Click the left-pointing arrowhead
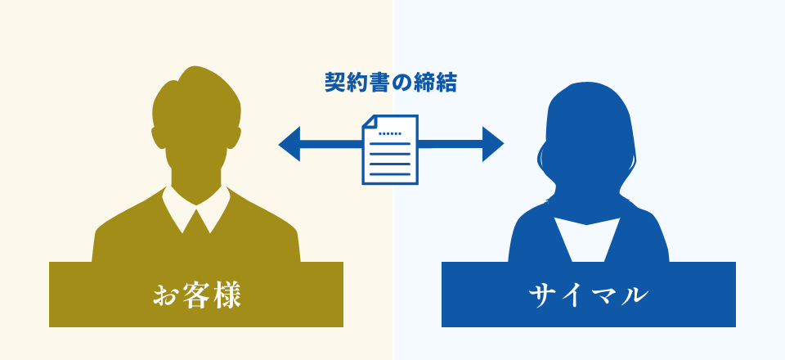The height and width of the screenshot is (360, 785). click(x=290, y=144)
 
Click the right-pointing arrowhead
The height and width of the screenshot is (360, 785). click(x=492, y=144)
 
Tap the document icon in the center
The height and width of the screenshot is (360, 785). click(x=390, y=149)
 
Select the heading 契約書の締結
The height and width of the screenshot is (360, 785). click(x=391, y=83)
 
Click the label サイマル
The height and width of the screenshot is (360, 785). click(x=588, y=295)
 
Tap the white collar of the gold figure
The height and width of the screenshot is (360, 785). click(x=196, y=209)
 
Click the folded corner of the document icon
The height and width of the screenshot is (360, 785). click(x=369, y=122)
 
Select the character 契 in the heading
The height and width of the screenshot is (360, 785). click(x=334, y=83)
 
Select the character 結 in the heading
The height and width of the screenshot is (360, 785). click(x=446, y=83)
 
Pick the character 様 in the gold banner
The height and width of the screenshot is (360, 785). click(x=228, y=295)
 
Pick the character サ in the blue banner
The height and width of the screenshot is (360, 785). click(x=541, y=295)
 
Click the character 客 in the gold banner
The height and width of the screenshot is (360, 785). click(x=197, y=295)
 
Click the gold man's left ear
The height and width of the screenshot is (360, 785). click(x=157, y=137)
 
